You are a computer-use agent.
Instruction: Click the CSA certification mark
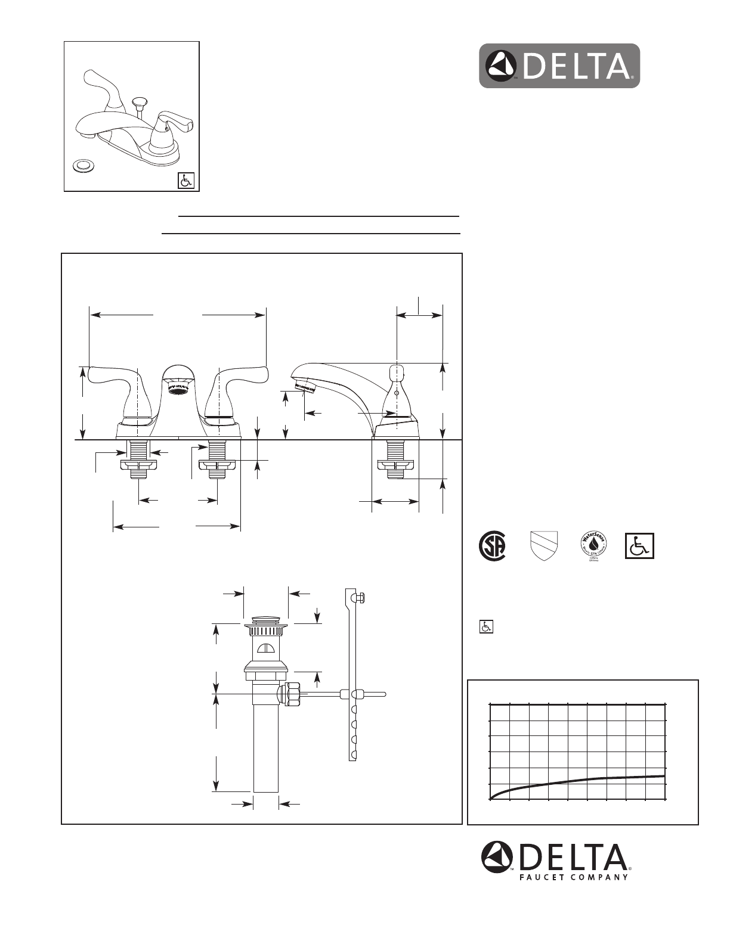point(493,545)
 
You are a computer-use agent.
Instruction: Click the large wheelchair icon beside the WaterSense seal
point(639,545)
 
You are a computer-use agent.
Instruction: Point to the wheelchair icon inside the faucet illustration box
point(186,180)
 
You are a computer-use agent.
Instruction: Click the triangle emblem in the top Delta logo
point(502,66)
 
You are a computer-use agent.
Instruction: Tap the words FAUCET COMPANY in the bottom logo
point(571,877)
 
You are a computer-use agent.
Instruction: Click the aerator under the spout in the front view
point(178,390)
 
